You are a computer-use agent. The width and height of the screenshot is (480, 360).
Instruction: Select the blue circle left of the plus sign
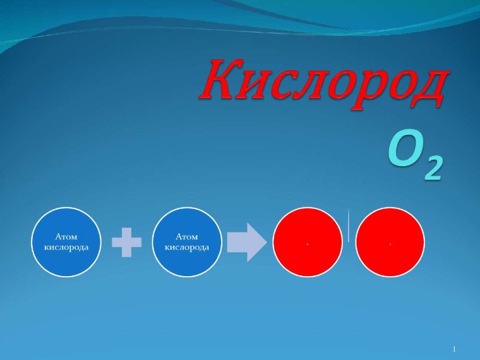[x=66, y=242]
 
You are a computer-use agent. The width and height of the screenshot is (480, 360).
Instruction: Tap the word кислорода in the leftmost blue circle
[x=66, y=247]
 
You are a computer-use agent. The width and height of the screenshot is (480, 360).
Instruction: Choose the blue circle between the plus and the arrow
[x=187, y=242]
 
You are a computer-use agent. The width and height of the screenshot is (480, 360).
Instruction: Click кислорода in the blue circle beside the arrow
[x=187, y=247]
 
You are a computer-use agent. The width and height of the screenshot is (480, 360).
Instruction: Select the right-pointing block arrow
[x=247, y=242]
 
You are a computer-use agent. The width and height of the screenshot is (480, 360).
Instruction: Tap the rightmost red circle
[x=390, y=242]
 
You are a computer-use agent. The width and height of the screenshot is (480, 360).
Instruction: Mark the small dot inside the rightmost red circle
[x=390, y=244]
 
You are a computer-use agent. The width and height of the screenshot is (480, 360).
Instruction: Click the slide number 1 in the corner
[x=454, y=349]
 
